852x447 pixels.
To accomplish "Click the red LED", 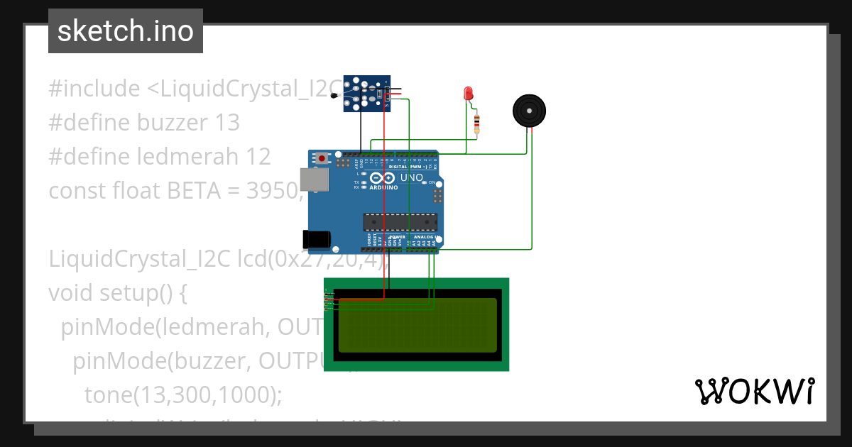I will pyautogui.click(x=468, y=93).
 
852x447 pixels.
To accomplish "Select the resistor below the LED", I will pyautogui.click(x=476, y=124).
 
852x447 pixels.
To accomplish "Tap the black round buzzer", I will pyautogui.click(x=529, y=111).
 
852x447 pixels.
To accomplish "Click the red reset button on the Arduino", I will pyautogui.click(x=322, y=158).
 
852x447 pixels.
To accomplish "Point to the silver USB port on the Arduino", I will pyautogui.click(x=314, y=180).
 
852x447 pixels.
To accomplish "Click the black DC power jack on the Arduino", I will pyautogui.click(x=317, y=239).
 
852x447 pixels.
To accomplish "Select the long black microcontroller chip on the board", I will pyautogui.click(x=400, y=222).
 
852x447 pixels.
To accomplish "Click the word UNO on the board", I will pyautogui.click(x=412, y=177).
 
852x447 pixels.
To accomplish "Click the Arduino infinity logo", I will pyautogui.click(x=384, y=178).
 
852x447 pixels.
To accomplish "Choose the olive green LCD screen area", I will pyautogui.click(x=417, y=325).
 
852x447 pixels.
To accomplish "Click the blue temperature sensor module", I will pyautogui.click(x=367, y=94).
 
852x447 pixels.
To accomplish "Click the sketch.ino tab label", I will pyautogui.click(x=126, y=31).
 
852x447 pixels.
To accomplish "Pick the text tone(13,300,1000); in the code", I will pyautogui.click(x=183, y=394).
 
